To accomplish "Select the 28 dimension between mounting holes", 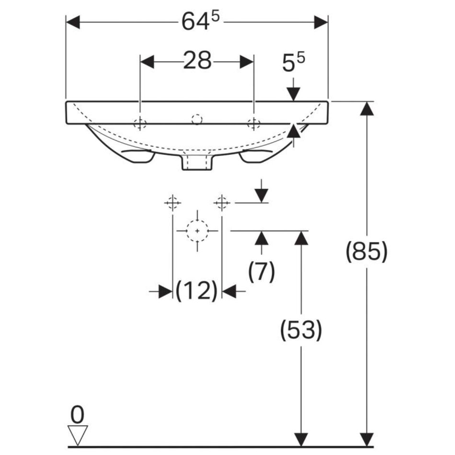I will pos(197,61).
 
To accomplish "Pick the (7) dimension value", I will pos(262,272).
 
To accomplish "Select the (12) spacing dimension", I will pos(197,291).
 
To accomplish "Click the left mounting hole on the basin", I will pos(139,124).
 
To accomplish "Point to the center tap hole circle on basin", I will pos(196,119).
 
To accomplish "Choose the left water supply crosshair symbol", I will pos(172,203).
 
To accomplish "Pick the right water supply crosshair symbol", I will pos(221,203).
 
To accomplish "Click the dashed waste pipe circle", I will pos(197,230).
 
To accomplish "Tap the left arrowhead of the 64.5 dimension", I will pos(72,22).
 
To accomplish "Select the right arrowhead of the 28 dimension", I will pos(247,61).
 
